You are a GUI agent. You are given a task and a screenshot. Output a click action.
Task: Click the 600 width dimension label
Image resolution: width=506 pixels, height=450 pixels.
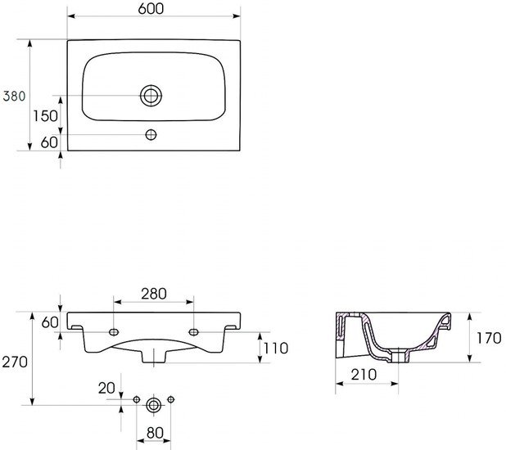pos(151,9)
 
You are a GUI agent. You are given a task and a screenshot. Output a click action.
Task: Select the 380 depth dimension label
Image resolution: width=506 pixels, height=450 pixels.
pos(14,96)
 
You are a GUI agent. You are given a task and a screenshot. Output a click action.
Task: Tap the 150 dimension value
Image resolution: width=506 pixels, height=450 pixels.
pos(46,116)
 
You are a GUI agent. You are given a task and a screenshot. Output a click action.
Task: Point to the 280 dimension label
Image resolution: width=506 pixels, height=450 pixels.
pos(154,294)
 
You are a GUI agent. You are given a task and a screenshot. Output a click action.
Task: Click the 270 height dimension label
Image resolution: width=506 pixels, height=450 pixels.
pos(15,362)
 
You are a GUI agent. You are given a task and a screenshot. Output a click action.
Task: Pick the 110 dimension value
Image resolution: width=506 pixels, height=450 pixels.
pos(276,349)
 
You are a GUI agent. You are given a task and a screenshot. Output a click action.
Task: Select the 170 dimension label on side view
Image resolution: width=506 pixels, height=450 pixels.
pos(490,339)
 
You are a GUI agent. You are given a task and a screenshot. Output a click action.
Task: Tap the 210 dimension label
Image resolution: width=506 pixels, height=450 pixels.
pos(364,375)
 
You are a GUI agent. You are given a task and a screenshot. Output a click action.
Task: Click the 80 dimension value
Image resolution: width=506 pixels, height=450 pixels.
pos(155,433)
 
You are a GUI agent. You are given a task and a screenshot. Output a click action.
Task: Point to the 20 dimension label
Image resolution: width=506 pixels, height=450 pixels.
pos(106,389)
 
